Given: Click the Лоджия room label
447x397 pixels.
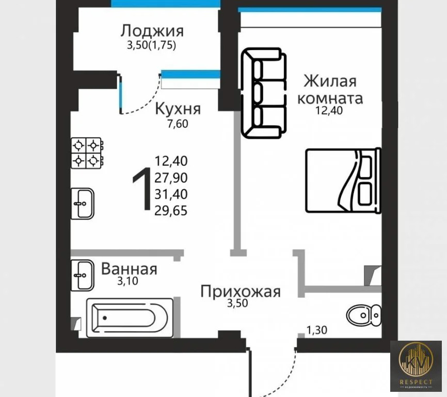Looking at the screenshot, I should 152,30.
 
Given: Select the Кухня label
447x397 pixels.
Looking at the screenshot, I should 178,109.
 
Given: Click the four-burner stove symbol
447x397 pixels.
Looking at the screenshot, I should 86,152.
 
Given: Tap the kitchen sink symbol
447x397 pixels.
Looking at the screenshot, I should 83,203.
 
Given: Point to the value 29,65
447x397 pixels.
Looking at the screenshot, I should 171,210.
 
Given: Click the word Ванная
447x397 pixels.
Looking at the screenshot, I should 129,269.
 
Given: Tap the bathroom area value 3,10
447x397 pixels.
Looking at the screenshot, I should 127,282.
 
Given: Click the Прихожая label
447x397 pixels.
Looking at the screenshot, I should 240,292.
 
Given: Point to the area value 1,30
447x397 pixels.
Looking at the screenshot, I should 317,329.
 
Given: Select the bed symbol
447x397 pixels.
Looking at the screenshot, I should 343,180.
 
